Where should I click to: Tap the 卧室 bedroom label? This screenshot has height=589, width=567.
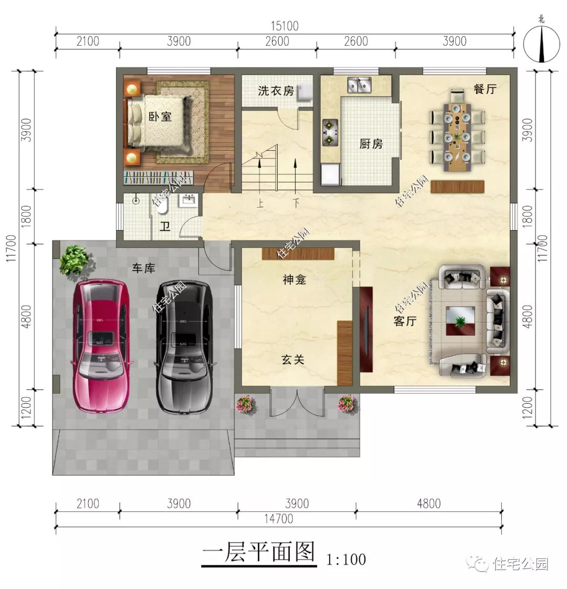160,116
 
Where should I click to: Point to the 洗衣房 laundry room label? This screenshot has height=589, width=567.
276,91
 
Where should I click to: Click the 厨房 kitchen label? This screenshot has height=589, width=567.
371,143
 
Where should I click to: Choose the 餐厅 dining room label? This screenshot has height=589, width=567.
485,89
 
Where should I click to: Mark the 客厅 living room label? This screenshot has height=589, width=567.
405,322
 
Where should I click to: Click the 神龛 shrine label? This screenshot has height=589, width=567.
294,280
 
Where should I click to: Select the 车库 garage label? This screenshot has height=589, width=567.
143,268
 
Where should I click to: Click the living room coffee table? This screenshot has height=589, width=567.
460,321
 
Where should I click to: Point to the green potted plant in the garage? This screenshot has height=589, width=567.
74,260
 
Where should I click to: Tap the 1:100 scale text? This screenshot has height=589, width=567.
346,559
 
